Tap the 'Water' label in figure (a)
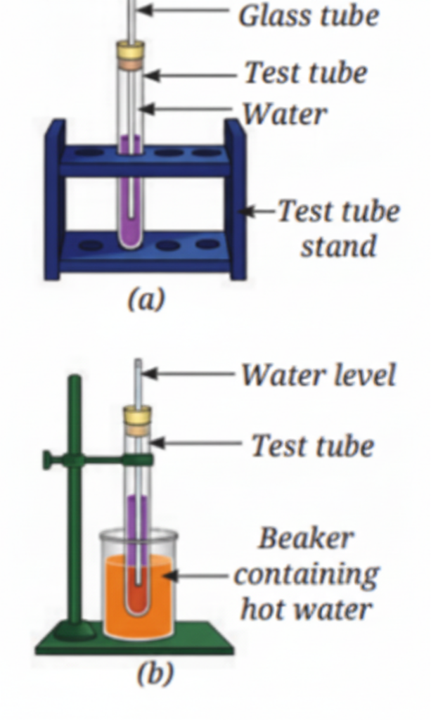(x=284, y=114)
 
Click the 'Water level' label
(x=318, y=375)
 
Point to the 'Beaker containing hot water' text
(x=307, y=574)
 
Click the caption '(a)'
(x=146, y=300)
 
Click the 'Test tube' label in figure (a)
(x=306, y=73)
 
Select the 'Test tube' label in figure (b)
(x=313, y=446)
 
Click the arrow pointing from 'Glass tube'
(x=183, y=10)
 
